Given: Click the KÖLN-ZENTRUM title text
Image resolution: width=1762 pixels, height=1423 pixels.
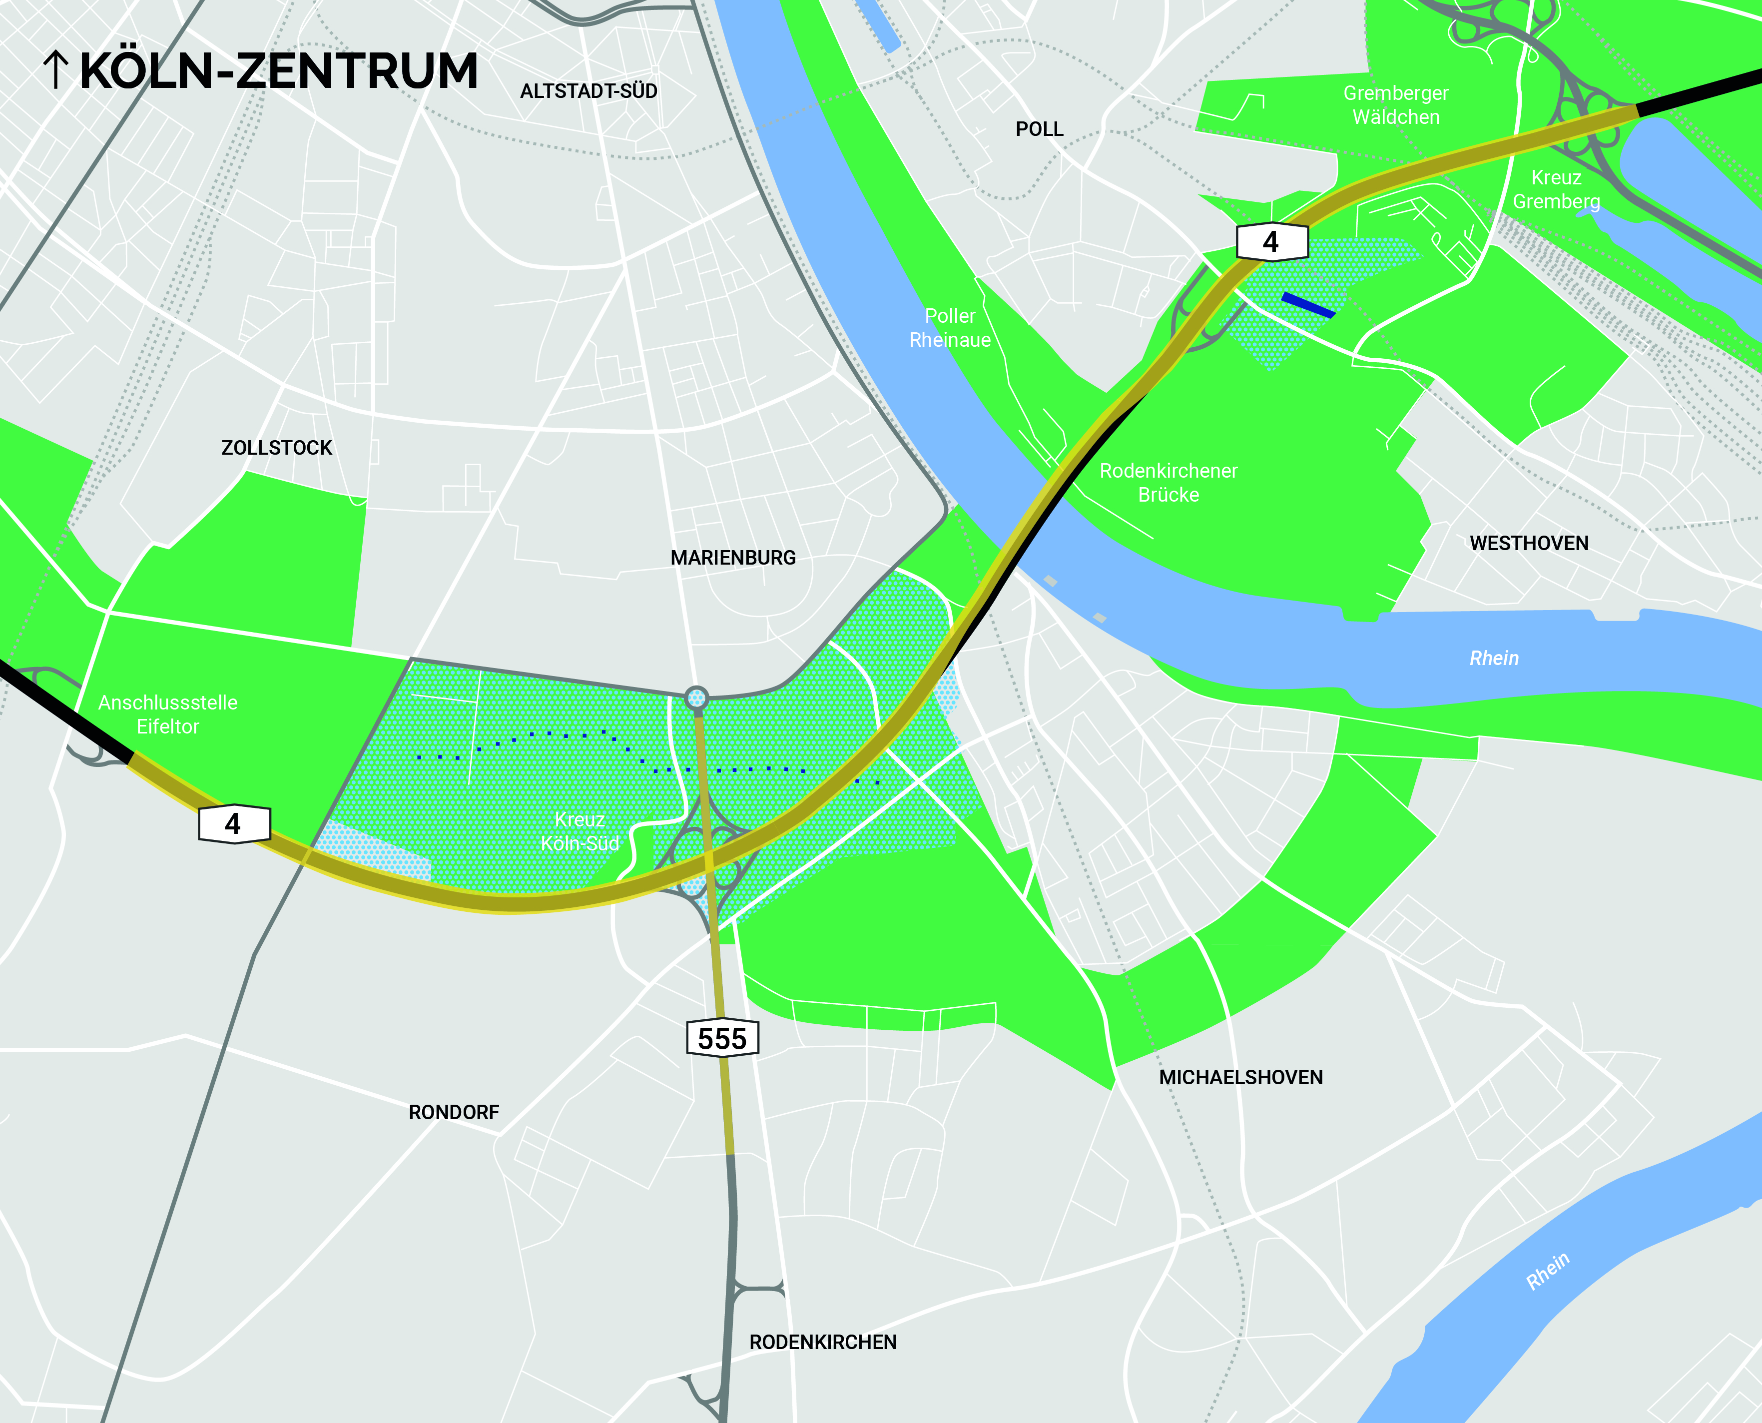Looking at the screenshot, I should tap(279, 71).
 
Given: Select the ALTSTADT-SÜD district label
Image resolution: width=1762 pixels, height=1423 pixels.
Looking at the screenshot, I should tap(588, 91).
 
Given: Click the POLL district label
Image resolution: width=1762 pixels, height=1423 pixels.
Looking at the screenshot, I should tap(1039, 129).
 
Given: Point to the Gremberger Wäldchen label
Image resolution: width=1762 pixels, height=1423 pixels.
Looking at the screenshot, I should tap(1396, 105).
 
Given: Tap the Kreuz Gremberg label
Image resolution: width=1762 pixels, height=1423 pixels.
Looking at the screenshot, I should tap(1556, 189).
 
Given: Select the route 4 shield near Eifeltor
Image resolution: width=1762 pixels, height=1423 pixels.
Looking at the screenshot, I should tap(234, 823).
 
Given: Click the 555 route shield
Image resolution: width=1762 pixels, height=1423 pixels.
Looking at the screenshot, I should tap(722, 1039).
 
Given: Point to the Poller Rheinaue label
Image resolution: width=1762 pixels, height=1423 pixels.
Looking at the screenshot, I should tap(950, 328).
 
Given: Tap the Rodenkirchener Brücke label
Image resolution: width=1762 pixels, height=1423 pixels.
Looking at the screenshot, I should tap(1168, 483).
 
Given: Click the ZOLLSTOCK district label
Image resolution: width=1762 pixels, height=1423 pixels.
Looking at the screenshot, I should tap(276, 448).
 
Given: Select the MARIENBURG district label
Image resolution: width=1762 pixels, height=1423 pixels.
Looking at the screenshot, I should tap(733, 558).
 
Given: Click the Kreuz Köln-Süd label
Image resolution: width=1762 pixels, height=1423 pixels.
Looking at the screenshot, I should tap(580, 831).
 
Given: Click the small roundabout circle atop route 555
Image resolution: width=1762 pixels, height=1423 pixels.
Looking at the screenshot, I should tap(696, 698).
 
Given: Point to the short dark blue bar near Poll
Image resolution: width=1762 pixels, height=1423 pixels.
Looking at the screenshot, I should tap(1308, 305).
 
